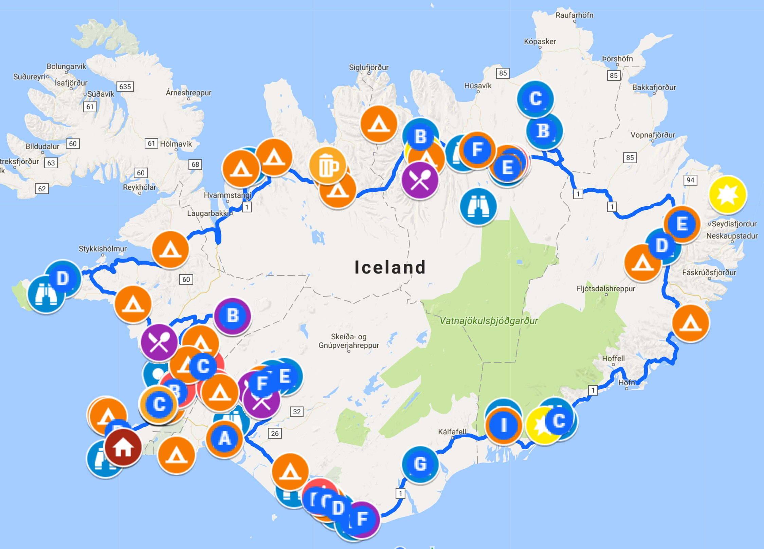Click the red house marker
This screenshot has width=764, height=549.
click(x=123, y=448)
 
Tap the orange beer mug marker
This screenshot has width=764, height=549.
click(x=328, y=166)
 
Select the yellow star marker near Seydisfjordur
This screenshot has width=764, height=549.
click(x=727, y=195)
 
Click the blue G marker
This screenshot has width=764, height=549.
click(x=420, y=464)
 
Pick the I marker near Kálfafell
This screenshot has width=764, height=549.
click(x=504, y=425)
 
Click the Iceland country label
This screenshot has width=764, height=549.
click(x=390, y=267)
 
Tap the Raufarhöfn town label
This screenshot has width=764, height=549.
click(x=574, y=15)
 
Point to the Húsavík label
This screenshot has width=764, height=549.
click(x=478, y=86)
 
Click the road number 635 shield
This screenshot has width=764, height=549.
click(x=125, y=87)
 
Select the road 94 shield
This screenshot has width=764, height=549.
click(x=690, y=180)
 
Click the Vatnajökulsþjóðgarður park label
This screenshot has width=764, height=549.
click(x=489, y=321)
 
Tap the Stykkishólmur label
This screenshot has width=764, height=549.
click(x=103, y=249)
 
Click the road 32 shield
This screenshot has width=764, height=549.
click(x=297, y=412)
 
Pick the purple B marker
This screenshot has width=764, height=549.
click(x=233, y=316)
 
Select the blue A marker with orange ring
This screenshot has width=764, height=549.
click(x=224, y=439)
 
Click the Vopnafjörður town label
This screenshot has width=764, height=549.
click(x=653, y=135)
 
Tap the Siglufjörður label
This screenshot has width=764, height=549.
click(x=369, y=68)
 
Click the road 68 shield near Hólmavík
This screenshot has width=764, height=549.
click(x=195, y=165)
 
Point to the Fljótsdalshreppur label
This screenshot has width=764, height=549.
click(x=606, y=289)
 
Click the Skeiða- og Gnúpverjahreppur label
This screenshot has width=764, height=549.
click(x=349, y=341)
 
